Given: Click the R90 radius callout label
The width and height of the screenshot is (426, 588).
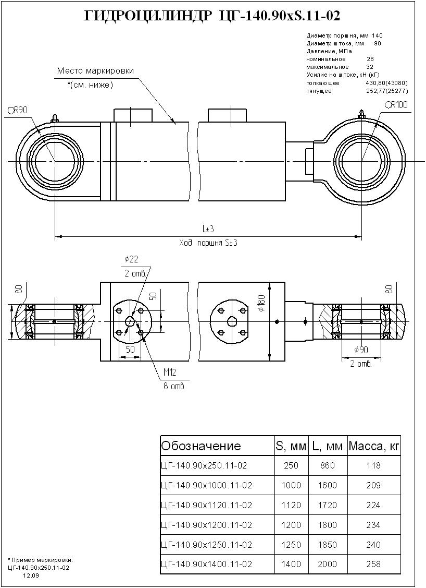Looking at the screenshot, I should click(17, 110).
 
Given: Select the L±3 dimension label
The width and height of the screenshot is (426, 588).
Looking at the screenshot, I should click(208, 229).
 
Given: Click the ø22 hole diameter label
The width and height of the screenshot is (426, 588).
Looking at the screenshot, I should click(131, 259).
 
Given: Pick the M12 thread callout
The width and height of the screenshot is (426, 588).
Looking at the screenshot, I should click(170, 372).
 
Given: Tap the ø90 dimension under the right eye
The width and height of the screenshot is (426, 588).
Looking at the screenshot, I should click(360, 350).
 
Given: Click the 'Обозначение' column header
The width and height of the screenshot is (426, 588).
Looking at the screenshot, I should click(201, 446).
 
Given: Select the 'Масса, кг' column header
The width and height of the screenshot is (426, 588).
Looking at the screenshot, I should click(374, 446).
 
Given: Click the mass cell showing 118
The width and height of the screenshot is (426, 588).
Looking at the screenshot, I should click(373, 465).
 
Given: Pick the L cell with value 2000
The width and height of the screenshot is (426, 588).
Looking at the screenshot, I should click(328, 564).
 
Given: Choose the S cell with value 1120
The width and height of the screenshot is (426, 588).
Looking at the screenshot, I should click(291, 505).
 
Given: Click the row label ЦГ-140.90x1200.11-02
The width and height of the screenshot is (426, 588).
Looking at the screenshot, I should click(207, 525).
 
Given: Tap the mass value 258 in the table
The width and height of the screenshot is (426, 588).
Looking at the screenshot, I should click(373, 564).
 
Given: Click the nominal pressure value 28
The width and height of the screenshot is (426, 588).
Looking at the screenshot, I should click(370, 59).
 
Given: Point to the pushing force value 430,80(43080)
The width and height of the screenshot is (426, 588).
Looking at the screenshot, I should click(386, 83).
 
